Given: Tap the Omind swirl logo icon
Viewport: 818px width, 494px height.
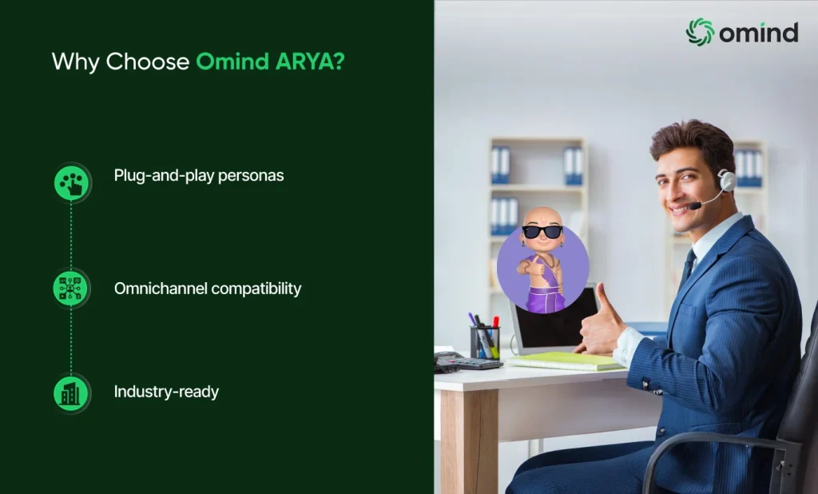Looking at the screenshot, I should pos(699,31).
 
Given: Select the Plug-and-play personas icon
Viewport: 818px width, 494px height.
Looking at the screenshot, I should pos(72,182).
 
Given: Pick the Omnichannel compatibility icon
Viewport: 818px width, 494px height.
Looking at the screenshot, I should pos(72,288).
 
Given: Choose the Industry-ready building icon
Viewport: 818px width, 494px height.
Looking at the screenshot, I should pos(72,393).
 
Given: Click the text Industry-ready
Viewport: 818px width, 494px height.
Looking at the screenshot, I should pos(166,392).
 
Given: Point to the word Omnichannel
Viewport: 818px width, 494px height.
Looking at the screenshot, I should pos(161,289).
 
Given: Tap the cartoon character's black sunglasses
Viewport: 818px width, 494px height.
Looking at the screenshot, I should pos(542,232).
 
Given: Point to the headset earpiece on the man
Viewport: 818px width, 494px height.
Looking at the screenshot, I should pos(726,180).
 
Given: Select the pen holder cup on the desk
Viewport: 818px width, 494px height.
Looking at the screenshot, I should pos(484,342).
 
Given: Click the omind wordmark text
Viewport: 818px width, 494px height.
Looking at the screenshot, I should pos(758,32).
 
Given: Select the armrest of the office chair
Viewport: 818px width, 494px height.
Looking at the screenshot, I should pos(719,444).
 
